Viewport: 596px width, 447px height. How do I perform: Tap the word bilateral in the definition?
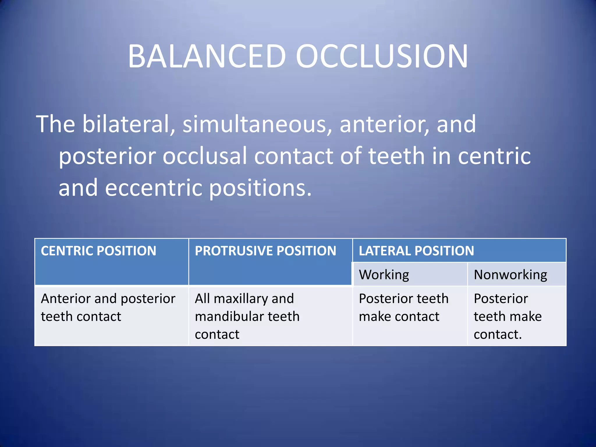[x=125, y=124]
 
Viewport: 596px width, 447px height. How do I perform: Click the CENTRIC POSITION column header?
[x=98, y=251]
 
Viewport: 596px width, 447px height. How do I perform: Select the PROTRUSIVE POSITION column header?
[x=265, y=251]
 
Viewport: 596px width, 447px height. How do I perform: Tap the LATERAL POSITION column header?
[x=416, y=251]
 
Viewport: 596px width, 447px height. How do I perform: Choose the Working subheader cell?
[x=384, y=275]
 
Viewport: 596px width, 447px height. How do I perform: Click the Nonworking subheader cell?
[x=510, y=275]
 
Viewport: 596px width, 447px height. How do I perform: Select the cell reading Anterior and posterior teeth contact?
[x=108, y=308]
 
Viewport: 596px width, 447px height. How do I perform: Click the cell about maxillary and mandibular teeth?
[x=247, y=316]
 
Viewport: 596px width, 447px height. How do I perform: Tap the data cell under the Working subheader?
[x=404, y=308]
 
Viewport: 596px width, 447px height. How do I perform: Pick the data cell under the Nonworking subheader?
[x=508, y=316]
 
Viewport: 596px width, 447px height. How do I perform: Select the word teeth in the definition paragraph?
[x=397, y=156]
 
